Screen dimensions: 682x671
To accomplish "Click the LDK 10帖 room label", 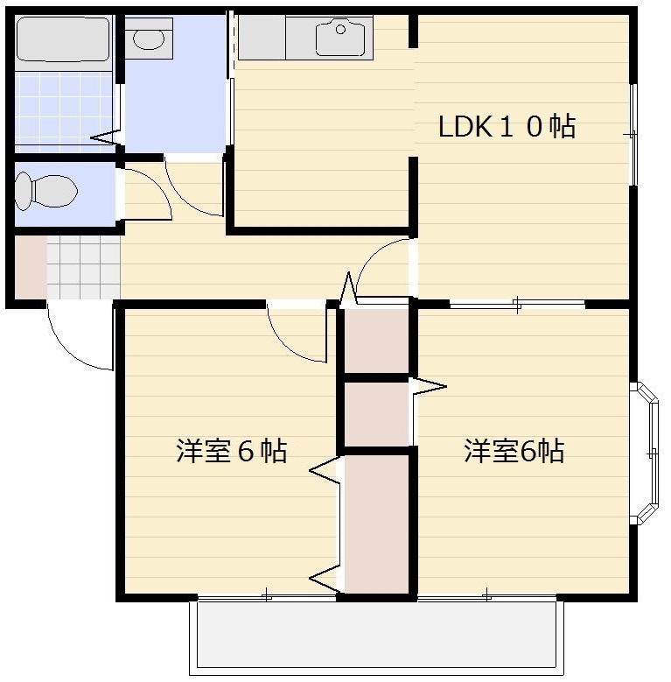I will tap(507, 128).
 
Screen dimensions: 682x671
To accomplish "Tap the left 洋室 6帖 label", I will tap(232, 452).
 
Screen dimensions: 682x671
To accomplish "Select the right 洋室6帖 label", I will tap(514, 452).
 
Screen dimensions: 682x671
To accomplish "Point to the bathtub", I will tap(62, 39).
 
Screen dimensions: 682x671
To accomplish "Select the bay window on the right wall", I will tap(647, 453).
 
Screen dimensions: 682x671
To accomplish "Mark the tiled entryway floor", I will tap(83, 267).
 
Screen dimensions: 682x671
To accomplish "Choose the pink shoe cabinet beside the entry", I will tap(30, 266).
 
